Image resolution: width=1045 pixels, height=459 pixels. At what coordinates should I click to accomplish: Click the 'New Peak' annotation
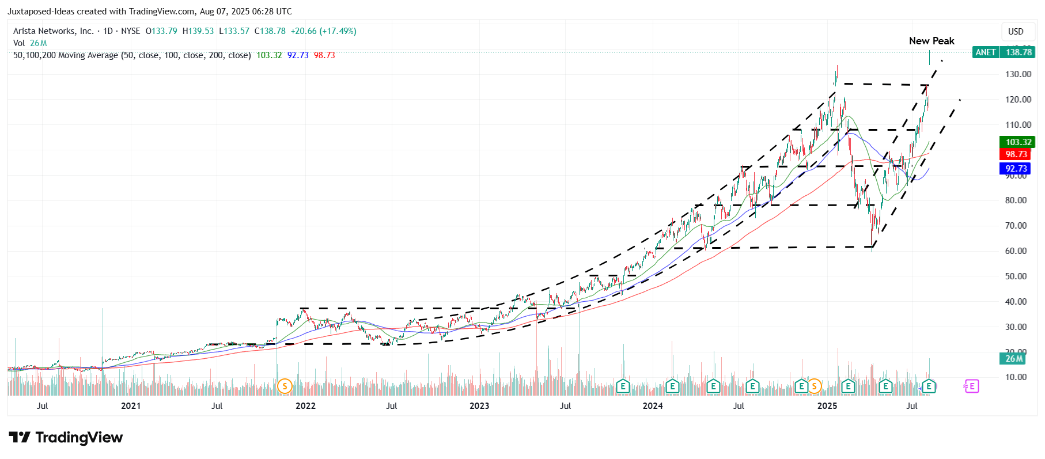931,41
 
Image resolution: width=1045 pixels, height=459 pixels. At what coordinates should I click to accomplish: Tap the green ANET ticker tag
985,52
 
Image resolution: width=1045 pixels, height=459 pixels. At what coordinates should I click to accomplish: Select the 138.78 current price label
1019,52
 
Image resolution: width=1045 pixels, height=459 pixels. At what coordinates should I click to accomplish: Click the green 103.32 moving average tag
1018,142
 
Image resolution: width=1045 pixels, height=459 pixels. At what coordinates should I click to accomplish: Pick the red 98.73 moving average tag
1016,154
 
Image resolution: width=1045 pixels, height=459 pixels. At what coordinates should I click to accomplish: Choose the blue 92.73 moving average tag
1016,169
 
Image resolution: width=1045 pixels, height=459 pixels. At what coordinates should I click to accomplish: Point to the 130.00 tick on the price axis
1018,74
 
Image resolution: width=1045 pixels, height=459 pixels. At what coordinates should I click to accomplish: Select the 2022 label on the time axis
305,406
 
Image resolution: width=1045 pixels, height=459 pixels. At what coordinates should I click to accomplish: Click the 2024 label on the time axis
653,406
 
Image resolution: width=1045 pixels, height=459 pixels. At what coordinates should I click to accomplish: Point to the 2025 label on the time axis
827,406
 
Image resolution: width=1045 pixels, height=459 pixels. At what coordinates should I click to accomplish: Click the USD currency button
1016,32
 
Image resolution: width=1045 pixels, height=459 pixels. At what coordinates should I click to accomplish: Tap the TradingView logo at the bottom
66,438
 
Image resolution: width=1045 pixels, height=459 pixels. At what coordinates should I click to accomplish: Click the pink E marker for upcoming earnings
971,386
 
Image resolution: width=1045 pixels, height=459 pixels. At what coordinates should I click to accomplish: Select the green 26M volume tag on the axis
1014,359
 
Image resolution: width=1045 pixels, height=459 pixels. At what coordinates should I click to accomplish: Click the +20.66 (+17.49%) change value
323,31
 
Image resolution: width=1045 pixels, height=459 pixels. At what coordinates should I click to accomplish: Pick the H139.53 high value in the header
198,31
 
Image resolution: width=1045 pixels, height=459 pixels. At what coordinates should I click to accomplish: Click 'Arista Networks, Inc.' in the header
54,31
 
